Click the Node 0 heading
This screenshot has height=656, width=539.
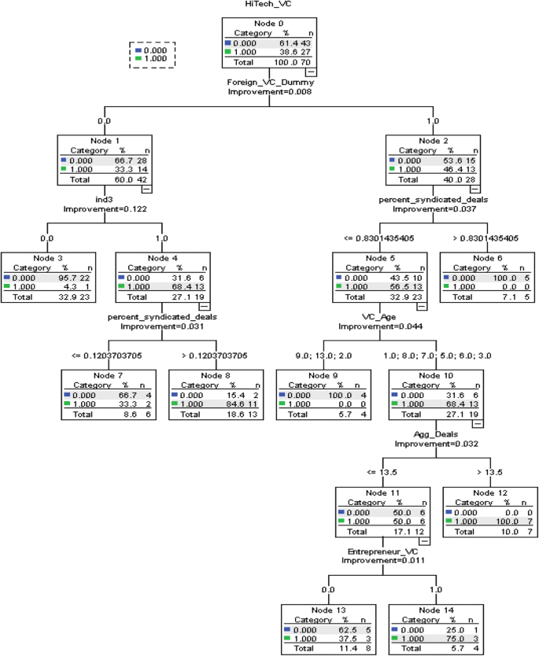270,24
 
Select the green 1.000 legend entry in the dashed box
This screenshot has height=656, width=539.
154,58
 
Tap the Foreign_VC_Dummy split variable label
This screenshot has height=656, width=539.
270,83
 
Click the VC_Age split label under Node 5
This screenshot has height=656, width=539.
379,317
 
